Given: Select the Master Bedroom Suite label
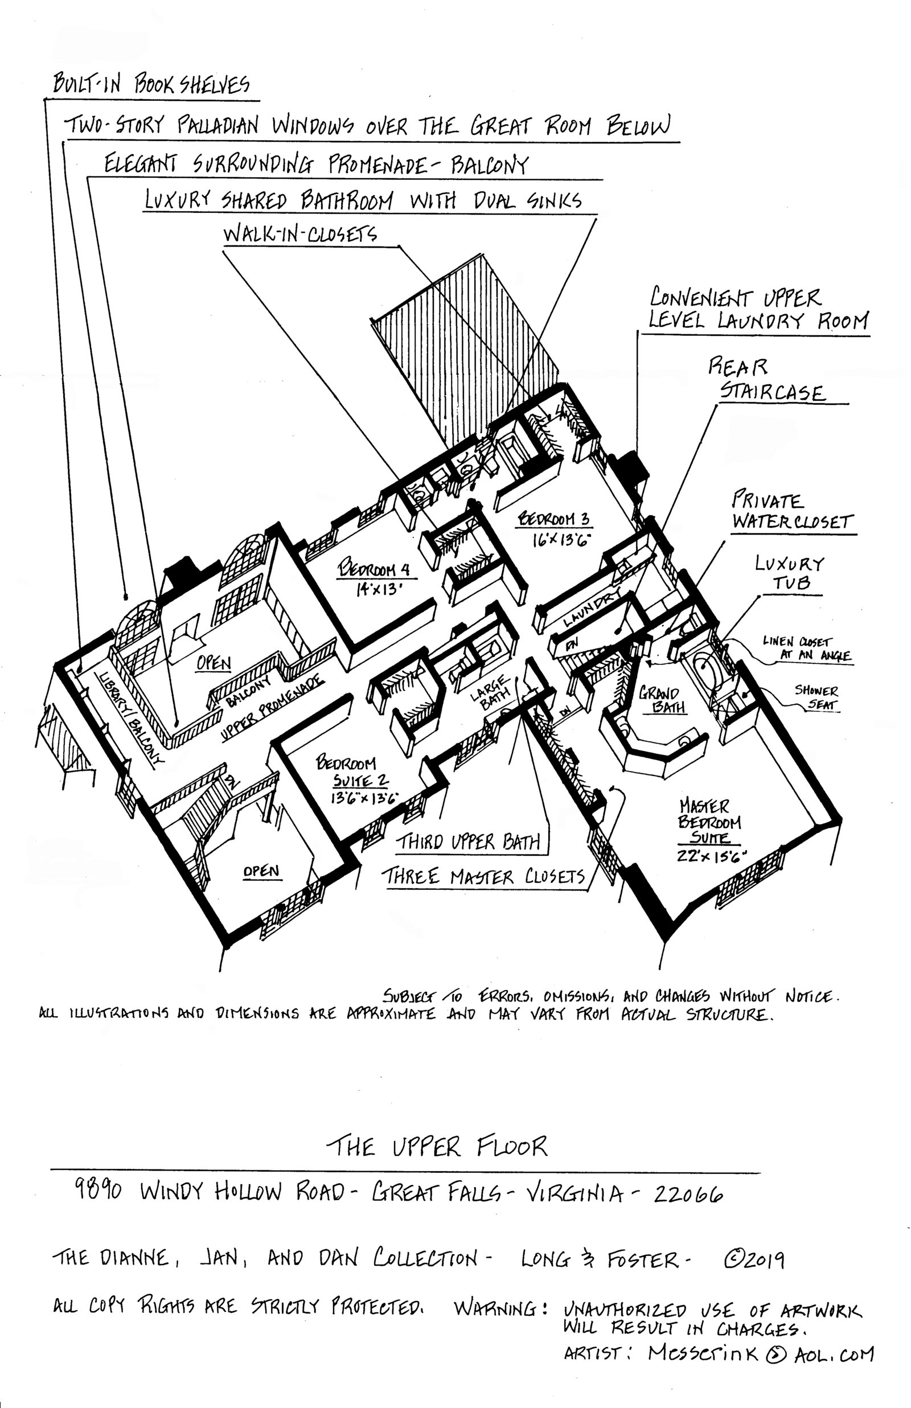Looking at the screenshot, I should (709, 822).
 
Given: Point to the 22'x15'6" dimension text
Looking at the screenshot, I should (712, 856).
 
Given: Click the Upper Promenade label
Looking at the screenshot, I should (272, 707).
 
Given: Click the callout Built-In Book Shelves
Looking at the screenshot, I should (151, 85).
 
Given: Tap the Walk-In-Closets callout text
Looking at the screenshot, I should (300, 234).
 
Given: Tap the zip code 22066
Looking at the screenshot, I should (688, 1194).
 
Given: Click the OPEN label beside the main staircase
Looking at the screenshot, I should (261, 871).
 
